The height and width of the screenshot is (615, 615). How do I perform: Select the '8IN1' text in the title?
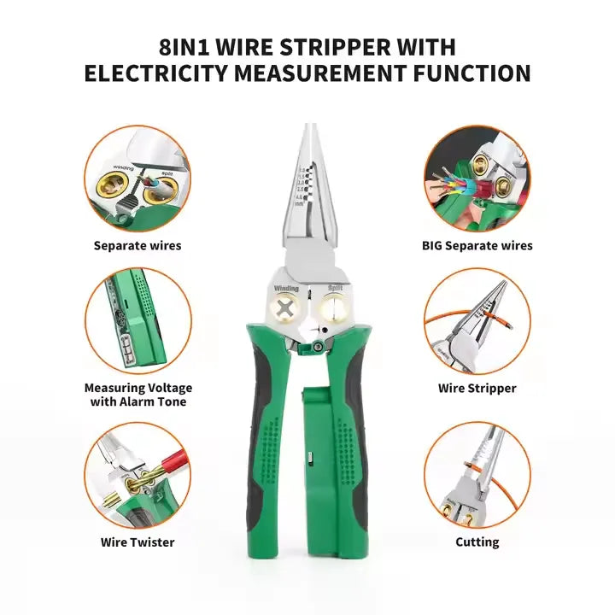[x=188, y=46]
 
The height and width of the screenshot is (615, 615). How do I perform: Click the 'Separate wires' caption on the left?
[x=137, y=245]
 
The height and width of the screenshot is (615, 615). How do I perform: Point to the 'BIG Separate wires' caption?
[x=477, y=245]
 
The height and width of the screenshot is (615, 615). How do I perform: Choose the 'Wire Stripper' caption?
[x=477, y=388]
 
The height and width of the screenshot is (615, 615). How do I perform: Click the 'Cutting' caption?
[x=477, y=542]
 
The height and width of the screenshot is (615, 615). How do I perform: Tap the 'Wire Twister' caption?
[x=137, y=542]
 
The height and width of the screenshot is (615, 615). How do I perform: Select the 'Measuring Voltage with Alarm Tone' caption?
[x=137, y=395]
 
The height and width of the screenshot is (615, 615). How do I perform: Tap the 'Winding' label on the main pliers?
[x=286, y=290]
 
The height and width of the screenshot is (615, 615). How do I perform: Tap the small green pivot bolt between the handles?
[x=316, y=347]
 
